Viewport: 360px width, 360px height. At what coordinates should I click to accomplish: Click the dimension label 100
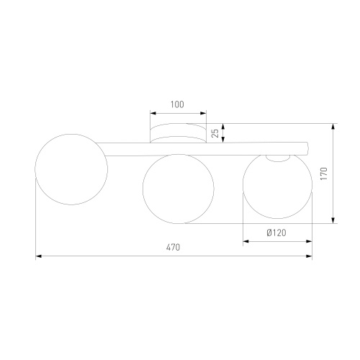point(177,104)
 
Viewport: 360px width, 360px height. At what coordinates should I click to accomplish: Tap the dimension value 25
point(216,133)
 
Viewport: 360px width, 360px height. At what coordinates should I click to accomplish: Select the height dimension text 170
point(324,174)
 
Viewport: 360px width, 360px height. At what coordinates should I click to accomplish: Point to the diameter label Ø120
point(276,233)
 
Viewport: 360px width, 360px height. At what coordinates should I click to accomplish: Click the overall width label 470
point(173,248)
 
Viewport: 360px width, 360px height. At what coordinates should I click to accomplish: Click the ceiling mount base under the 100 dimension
point(178,133)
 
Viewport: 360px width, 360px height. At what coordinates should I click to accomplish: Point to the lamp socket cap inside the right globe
point(278,158)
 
